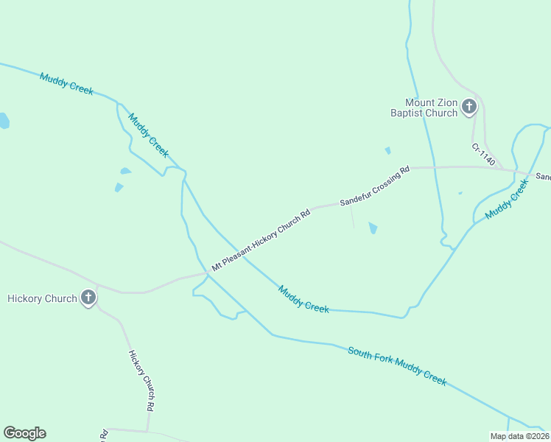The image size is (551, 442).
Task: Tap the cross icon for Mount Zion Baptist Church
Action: point(468,108)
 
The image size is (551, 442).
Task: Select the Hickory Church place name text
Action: point(42,298)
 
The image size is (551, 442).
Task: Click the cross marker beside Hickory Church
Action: point(88,298)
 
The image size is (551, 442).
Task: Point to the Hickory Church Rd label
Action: point(141,380)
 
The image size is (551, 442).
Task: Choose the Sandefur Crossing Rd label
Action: point(374,186)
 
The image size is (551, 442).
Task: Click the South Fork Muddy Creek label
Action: point(398,366)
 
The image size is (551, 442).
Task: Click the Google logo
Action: point(24,433)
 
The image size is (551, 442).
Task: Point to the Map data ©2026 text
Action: point(520,436)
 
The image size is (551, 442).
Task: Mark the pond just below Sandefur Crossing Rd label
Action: point(373,228)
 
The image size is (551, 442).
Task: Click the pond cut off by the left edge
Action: point(4,121)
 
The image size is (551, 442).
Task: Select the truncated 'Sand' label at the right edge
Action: point(543,177)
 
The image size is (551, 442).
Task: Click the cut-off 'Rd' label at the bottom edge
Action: point(105,435)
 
